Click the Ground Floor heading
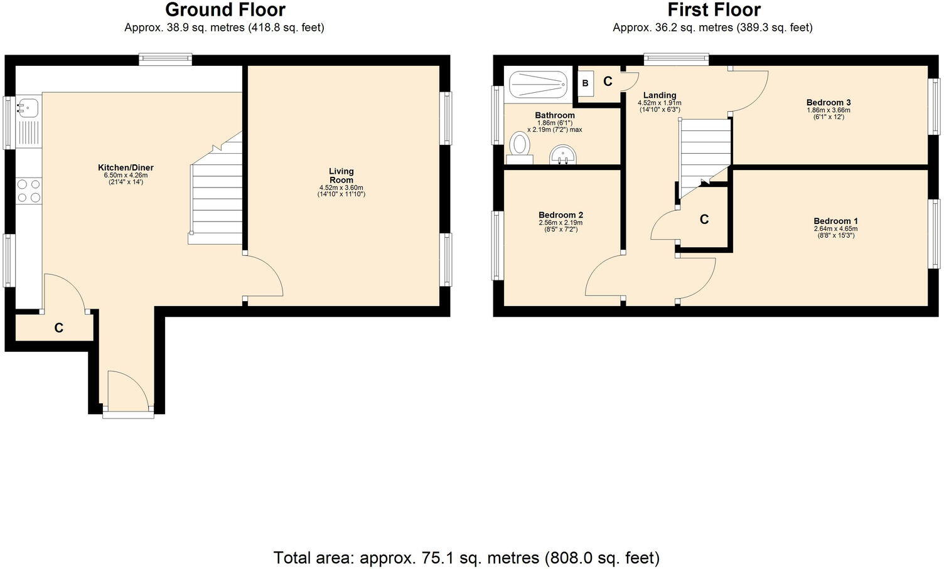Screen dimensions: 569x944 (225, 10)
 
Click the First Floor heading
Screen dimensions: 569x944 (714, 10)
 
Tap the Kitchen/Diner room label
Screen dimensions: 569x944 (126, 168)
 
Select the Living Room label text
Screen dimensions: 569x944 (341, 175)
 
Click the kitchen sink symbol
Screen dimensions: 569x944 (27, 107)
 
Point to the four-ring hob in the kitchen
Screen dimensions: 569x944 (29, 191)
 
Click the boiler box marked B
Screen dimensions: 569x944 (585, 83)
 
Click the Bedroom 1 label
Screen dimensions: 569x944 (835, 221)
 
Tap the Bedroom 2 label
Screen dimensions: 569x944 (560, 215)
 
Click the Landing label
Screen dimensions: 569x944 (659, 95)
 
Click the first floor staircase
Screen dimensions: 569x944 (705, 154)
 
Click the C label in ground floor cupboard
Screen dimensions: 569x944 (58, 327)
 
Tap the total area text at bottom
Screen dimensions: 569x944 (466, 557)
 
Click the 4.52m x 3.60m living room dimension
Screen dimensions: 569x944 (341, 188)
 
